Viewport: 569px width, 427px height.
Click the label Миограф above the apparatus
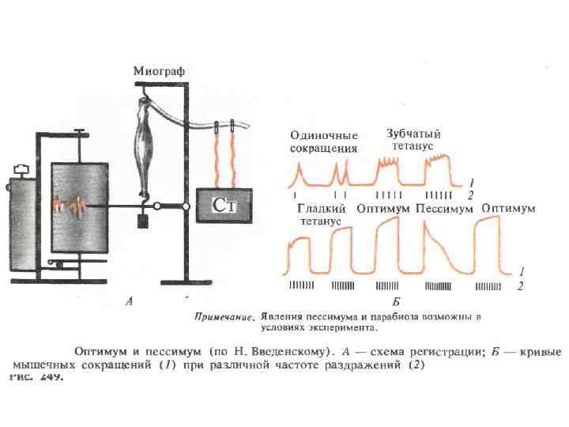158,71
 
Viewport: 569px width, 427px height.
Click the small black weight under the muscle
143,221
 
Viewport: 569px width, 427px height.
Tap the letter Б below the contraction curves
394,301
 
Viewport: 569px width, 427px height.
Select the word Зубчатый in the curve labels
413,133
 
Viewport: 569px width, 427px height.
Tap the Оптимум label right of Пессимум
509,209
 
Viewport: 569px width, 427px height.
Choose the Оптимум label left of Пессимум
383,209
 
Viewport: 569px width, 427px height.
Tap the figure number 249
49,377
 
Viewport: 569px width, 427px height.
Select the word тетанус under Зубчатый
412,145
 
